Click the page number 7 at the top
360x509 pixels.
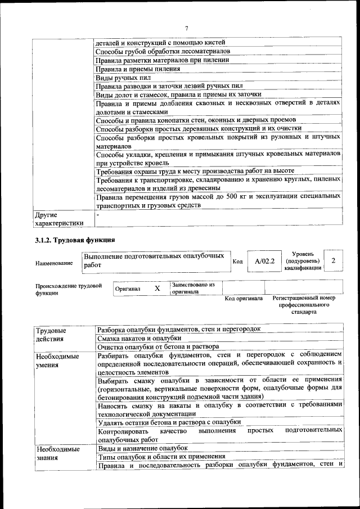pos(186,28)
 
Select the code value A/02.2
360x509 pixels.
pos(264,261)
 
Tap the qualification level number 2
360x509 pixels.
pos(334,260)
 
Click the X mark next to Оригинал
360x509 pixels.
pos(157,288)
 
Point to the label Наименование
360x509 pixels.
pos(54,263)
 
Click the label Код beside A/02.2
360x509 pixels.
pos(237,261)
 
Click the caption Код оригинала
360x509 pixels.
pos(244,298)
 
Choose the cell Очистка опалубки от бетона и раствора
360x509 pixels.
pos(158,346)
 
